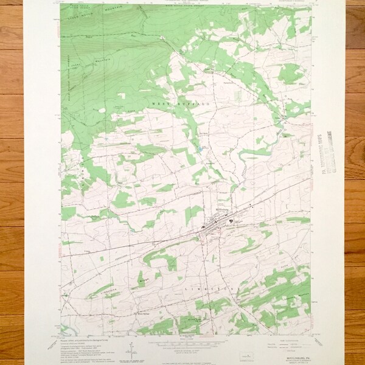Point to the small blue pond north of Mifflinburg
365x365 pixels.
pos(199,148)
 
